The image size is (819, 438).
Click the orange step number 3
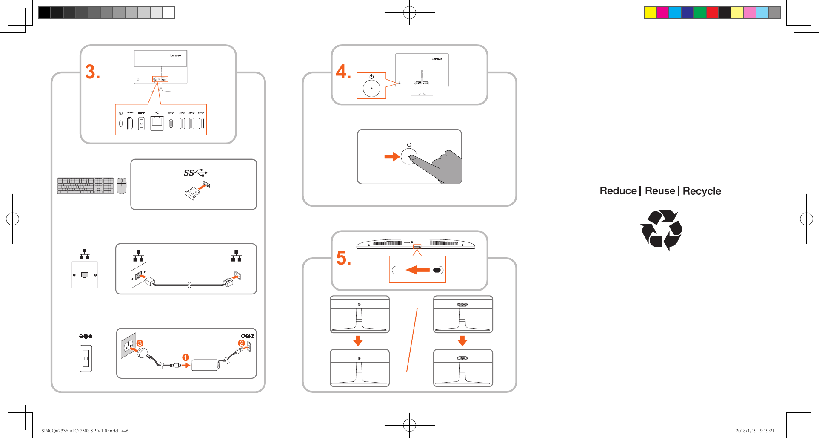coord(92,72)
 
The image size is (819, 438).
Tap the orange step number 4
coord(343,72)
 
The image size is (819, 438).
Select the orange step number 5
coord(343,258)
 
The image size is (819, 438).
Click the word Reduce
coord(618,191)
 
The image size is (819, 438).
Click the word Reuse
coord(660,191)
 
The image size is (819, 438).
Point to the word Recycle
coord(702,191)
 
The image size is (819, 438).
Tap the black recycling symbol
coord(661,230)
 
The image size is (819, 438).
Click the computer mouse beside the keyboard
coord(122,186)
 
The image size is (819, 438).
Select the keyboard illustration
coord(85,186)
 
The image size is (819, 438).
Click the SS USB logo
coord(195,173)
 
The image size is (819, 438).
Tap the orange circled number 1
coord(185,357)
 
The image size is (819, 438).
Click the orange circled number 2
coord(241,343)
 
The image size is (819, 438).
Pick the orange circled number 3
coord(140,343)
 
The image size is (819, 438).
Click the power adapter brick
coord(205,365)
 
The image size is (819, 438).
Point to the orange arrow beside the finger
coord(392,157)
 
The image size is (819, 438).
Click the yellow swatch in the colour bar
coord(650,13)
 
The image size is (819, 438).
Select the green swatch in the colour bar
coord(700,13)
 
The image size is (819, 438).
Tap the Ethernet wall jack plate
coord(85,275)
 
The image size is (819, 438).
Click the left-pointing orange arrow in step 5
coord(417,270)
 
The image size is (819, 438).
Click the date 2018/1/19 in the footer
coord(746,431)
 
